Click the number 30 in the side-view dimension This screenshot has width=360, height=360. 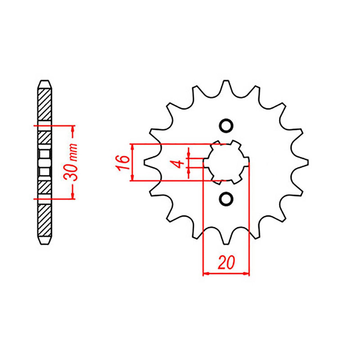pos(72,172)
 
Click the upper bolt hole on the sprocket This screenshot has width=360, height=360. pos(226,126)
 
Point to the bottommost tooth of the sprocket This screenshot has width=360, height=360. pos(226,239)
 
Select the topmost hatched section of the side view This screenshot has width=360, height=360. pos(44,105)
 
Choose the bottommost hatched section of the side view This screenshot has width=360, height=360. pos(44,220)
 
